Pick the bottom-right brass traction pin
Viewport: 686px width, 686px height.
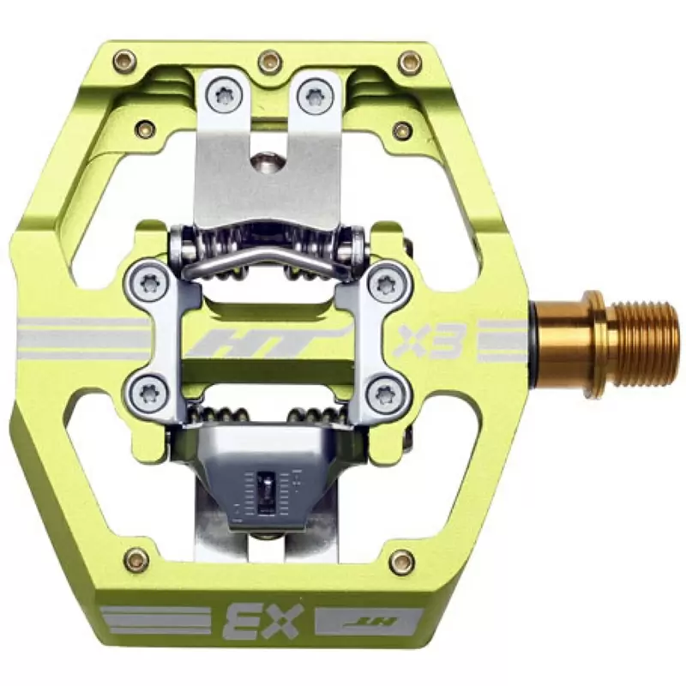(400, 558)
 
